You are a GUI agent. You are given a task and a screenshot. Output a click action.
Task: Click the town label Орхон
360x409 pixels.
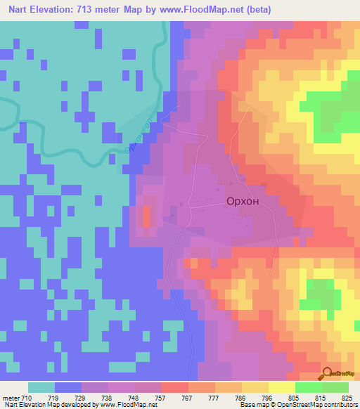(x=243, y=201)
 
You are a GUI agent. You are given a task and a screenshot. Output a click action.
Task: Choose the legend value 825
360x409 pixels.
(x=346, y=398)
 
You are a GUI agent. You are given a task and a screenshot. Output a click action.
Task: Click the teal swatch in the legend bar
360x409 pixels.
(x=41, y=387)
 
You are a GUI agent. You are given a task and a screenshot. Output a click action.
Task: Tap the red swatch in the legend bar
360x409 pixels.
(x=174, y=387)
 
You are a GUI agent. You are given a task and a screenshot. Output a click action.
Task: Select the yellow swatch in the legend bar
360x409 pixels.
(x=281, y=387)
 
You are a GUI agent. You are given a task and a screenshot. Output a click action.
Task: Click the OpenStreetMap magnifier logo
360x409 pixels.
(x=327, y=373)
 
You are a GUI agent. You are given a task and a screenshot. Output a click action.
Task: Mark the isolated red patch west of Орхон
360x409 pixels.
(x=146, y=216)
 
